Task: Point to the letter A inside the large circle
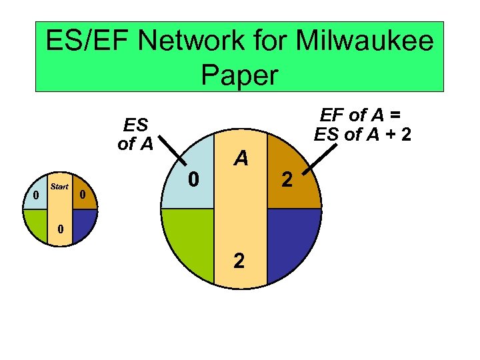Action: [241, 158]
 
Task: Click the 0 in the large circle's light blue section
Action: [192, 179]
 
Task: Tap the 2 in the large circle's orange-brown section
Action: [287, 179]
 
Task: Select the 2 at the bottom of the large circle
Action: [239, 261]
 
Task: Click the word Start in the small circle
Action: [59, 187]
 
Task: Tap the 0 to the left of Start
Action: [35, 195]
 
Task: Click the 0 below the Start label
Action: [60, 229]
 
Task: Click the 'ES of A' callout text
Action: [135, 133]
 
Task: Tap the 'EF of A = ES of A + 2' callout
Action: [363, 124]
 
